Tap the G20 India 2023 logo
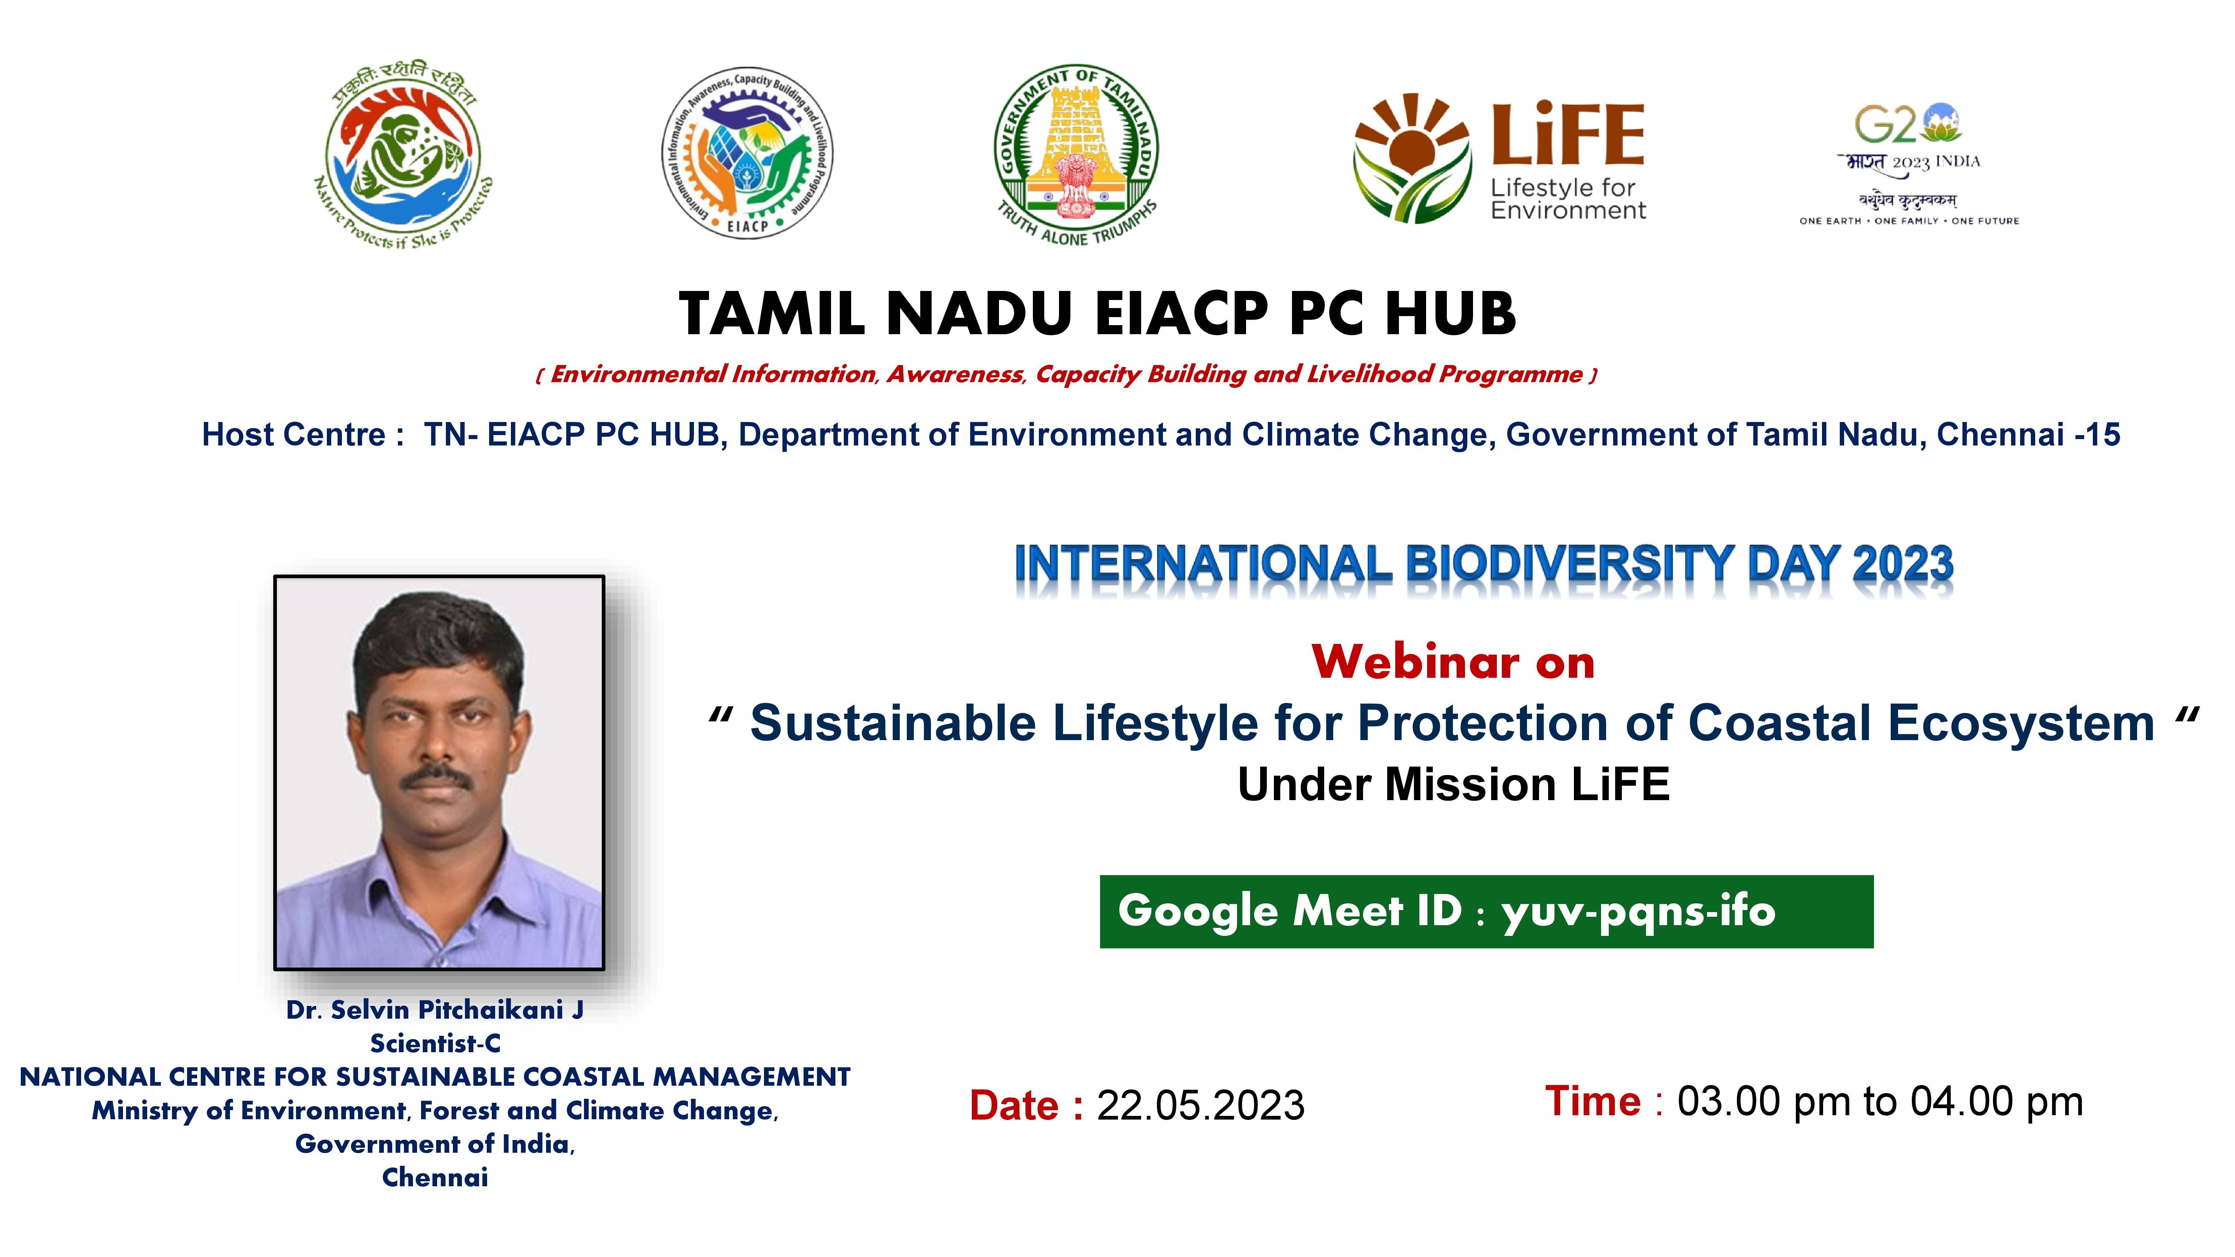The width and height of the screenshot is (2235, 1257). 1909,165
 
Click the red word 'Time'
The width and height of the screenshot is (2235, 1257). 1593,1102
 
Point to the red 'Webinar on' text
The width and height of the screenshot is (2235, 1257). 1453,663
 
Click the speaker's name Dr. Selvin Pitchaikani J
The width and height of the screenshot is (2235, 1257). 435,1010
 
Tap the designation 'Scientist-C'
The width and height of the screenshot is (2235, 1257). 435,1043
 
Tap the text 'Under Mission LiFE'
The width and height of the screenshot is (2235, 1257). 1454,785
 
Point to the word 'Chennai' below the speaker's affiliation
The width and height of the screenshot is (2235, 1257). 435,1178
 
